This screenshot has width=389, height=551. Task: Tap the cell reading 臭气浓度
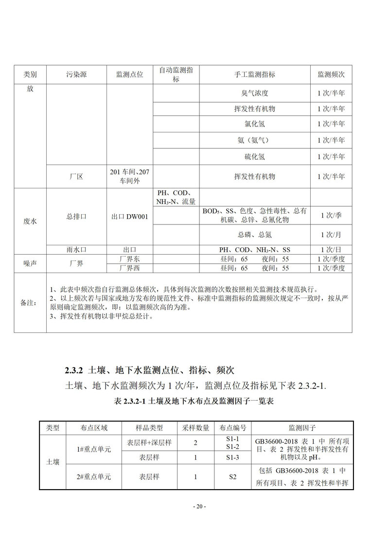coord(255,92)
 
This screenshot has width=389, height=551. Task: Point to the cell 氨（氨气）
coord(255,141)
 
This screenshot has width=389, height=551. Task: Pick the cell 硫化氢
coord(255,157)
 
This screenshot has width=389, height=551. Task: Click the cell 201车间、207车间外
coord(129,176)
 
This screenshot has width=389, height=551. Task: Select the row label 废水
coord(30,220)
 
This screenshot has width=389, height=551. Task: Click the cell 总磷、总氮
coord(255,235)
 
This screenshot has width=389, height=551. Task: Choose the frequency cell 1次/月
coord(331,235)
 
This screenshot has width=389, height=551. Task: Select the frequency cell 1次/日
coord(331,250)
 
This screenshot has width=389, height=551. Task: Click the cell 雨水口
coord(76,250)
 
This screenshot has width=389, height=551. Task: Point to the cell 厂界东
coord(129,258)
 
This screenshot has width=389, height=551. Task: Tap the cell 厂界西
coord(129,268)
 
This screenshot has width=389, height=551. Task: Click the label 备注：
coord(30,303)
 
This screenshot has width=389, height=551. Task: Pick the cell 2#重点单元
coord(94,477)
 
